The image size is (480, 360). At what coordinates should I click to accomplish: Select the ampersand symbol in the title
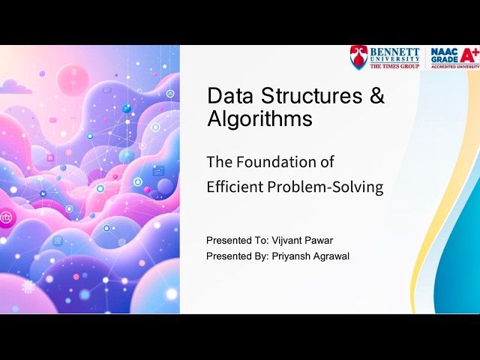tap(377, 96)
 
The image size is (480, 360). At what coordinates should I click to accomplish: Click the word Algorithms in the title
tap(259, 118)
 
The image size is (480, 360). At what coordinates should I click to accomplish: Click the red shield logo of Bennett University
tap(359, 58)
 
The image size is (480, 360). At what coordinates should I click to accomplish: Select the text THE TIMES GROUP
tap(394, 66)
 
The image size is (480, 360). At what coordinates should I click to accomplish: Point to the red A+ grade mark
tap(469, 55)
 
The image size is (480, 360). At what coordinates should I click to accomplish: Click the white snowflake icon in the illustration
tap(28, 286)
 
